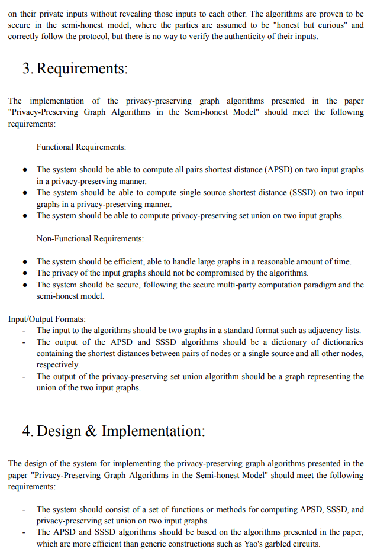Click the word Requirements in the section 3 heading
point(82,69)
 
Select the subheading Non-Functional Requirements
point(90,238)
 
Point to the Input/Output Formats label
point(47,319)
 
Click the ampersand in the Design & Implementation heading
point(91,431)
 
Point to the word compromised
point(212,273)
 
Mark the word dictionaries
point(341,342)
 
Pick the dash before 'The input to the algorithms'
point(24,331)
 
